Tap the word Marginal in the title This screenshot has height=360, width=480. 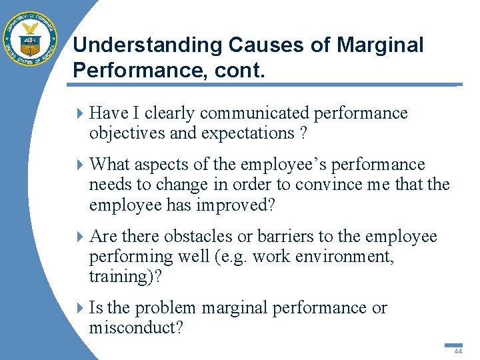click(380, 45)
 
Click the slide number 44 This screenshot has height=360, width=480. click(457, 351)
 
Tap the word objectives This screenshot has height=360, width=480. click(127, 133)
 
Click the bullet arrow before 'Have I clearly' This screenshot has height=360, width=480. click(80, 114)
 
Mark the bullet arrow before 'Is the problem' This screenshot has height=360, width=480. click(80, 309)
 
